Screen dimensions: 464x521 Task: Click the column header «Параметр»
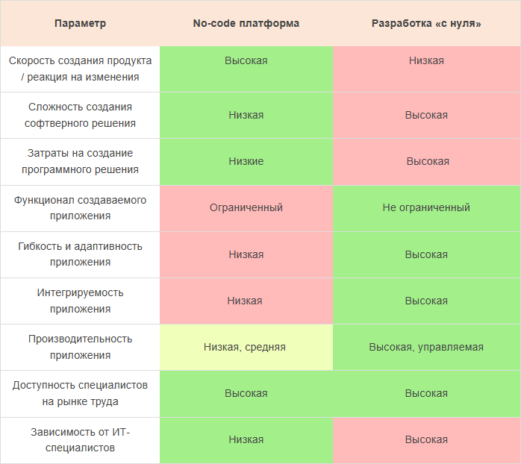(x=80, y=23)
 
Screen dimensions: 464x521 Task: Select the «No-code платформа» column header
(x=246, y=23)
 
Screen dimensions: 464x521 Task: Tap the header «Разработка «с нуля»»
(x=426, y=23)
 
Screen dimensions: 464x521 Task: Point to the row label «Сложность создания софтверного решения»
(x=80, y=115)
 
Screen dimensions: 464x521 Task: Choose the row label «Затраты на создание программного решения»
(x=80, y=161)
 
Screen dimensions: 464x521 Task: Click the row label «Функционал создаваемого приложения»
(x=80, y=207)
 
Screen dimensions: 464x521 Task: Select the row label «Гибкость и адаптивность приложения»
(x=80, y=254)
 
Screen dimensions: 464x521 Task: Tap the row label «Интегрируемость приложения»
(x=80, y=301)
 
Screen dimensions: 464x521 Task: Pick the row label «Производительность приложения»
(x=80, y=347)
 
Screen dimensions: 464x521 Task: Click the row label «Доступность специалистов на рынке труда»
(x=80, y=393)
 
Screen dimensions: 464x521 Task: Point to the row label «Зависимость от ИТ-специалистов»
(x=80, y=439)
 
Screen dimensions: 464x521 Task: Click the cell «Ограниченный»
(x=246, y=207)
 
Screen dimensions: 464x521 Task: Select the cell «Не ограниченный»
(x=426, y=207)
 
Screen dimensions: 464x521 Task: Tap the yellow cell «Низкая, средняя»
(x=246, y=347)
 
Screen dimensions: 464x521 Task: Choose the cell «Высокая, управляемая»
(x=426, y=347)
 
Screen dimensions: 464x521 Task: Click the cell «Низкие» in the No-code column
(x=246, y=161)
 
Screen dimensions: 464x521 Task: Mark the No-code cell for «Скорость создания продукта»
(x=246, y=60)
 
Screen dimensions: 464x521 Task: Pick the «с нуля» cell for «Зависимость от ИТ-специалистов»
(x=426, y=439)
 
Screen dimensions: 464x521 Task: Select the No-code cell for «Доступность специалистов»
(x=246, y=393)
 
